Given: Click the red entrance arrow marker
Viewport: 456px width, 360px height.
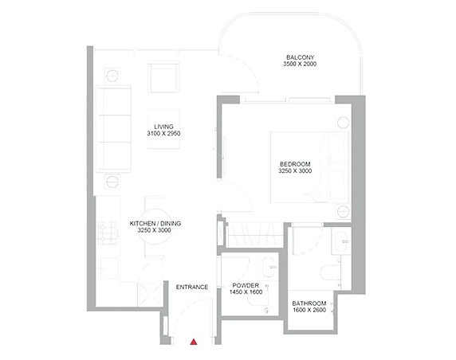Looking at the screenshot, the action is tap(194, 342).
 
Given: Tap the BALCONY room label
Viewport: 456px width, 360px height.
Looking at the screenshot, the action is tap(300, 57).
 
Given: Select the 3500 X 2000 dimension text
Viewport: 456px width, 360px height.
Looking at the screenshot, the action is tap(300, 64).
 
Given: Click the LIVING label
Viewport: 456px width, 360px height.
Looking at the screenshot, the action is tap(163, 127).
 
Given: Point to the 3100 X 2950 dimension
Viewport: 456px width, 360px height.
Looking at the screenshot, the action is tap(163, 133).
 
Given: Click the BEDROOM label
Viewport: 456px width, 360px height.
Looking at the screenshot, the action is tap(295, 164).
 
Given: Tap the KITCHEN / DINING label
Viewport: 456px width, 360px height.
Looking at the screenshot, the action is tap(155, 224).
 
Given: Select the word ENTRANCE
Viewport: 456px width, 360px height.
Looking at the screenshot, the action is tap(192, 287).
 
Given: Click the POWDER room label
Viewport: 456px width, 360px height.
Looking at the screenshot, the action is tap(246, 285).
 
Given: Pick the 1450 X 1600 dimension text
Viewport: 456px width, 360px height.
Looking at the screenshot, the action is tap(246, 292).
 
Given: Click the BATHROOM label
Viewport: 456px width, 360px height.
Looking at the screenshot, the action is tap(309, 303).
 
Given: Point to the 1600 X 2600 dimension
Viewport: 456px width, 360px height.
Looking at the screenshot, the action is tap(309, 310).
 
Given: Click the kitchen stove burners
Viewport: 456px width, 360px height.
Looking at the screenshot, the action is tap(108, 233).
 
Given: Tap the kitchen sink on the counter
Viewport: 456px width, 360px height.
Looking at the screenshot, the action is tap(109, 268).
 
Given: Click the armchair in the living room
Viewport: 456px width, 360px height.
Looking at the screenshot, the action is tap(163, 77).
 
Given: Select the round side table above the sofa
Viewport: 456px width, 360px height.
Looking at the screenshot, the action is tap(112, 76).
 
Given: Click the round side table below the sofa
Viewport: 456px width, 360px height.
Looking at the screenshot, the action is tap(112, 182).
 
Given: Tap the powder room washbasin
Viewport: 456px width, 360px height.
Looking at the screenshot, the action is tap(269, 267).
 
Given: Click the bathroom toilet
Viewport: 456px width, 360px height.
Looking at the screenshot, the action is tap(331, 272).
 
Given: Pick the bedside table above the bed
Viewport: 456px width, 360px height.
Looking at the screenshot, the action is tap(343, 123).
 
